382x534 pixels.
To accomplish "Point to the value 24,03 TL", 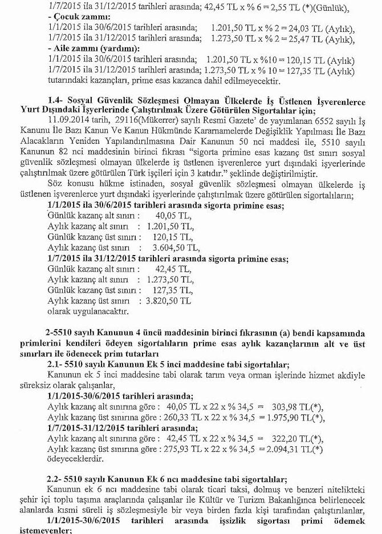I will pos(282,28).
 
